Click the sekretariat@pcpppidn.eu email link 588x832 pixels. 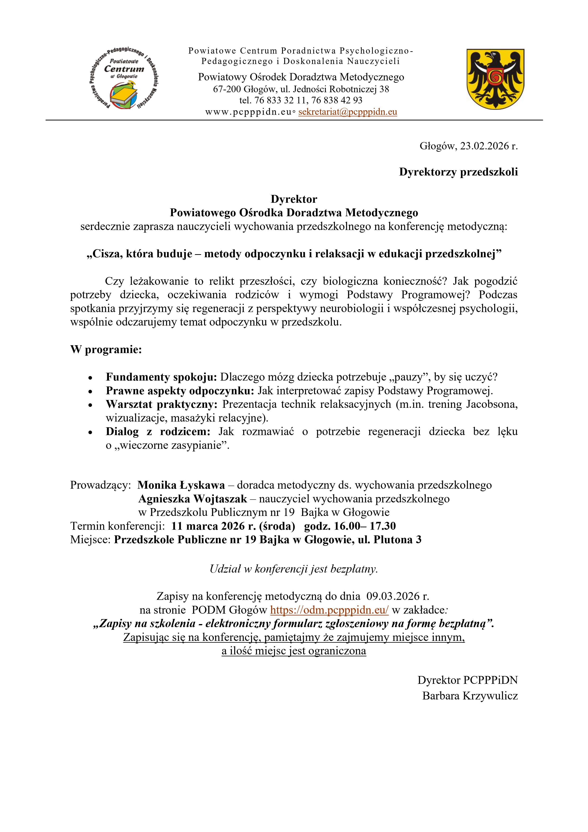pyautogui.click(x=347, y=112)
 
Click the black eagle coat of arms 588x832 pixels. pyautogui.click(x=495, y=79)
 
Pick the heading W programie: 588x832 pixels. pyautogui.click(x=106, y=350)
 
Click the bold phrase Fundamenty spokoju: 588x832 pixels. pyautogui.click(x=161, y=377)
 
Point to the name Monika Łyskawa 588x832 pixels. pyautogui.click(x=181, y=485)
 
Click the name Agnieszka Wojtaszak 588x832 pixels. pyautogui.click(x=192, y=499)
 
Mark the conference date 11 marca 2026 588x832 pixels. pyautogui.click(x=214, y=526)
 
